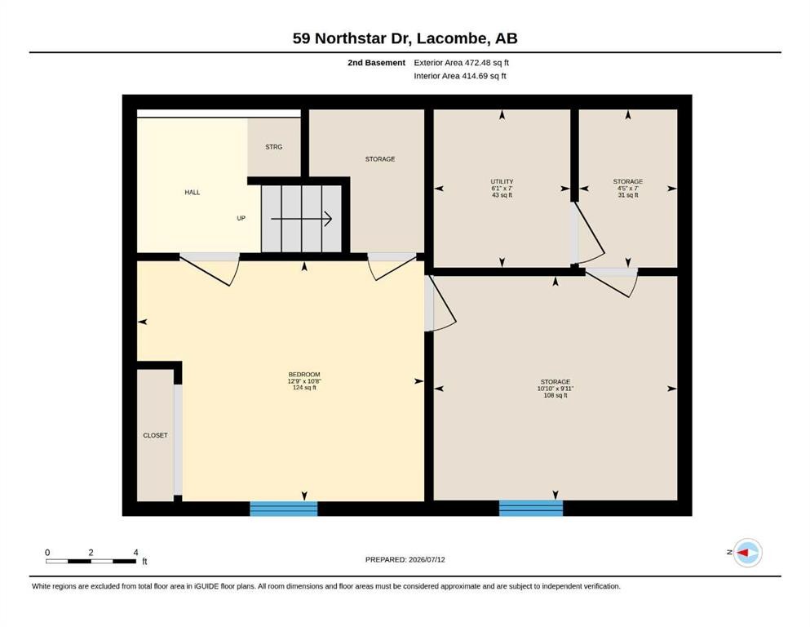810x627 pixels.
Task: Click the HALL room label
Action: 193,193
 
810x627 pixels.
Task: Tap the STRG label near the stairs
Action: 274,147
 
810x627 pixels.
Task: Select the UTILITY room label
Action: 502,181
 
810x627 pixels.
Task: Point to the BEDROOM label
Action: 304,374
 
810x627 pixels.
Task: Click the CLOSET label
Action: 155,435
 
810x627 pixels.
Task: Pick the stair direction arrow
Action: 301,219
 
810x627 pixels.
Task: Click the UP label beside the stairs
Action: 241,218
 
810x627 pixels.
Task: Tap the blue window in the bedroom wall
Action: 284,509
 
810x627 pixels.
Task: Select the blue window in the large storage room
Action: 531,508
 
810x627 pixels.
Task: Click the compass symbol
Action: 747,553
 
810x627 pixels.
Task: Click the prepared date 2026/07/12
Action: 427,559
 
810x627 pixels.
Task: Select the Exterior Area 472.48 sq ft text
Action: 462,63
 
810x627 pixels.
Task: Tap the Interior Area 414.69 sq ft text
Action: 460,76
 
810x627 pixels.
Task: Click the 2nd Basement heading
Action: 377,63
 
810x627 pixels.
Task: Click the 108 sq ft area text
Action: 555,395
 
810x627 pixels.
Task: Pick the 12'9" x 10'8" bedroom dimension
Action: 304,381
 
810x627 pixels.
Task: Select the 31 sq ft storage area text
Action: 628,195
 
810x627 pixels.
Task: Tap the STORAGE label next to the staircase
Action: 380,159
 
